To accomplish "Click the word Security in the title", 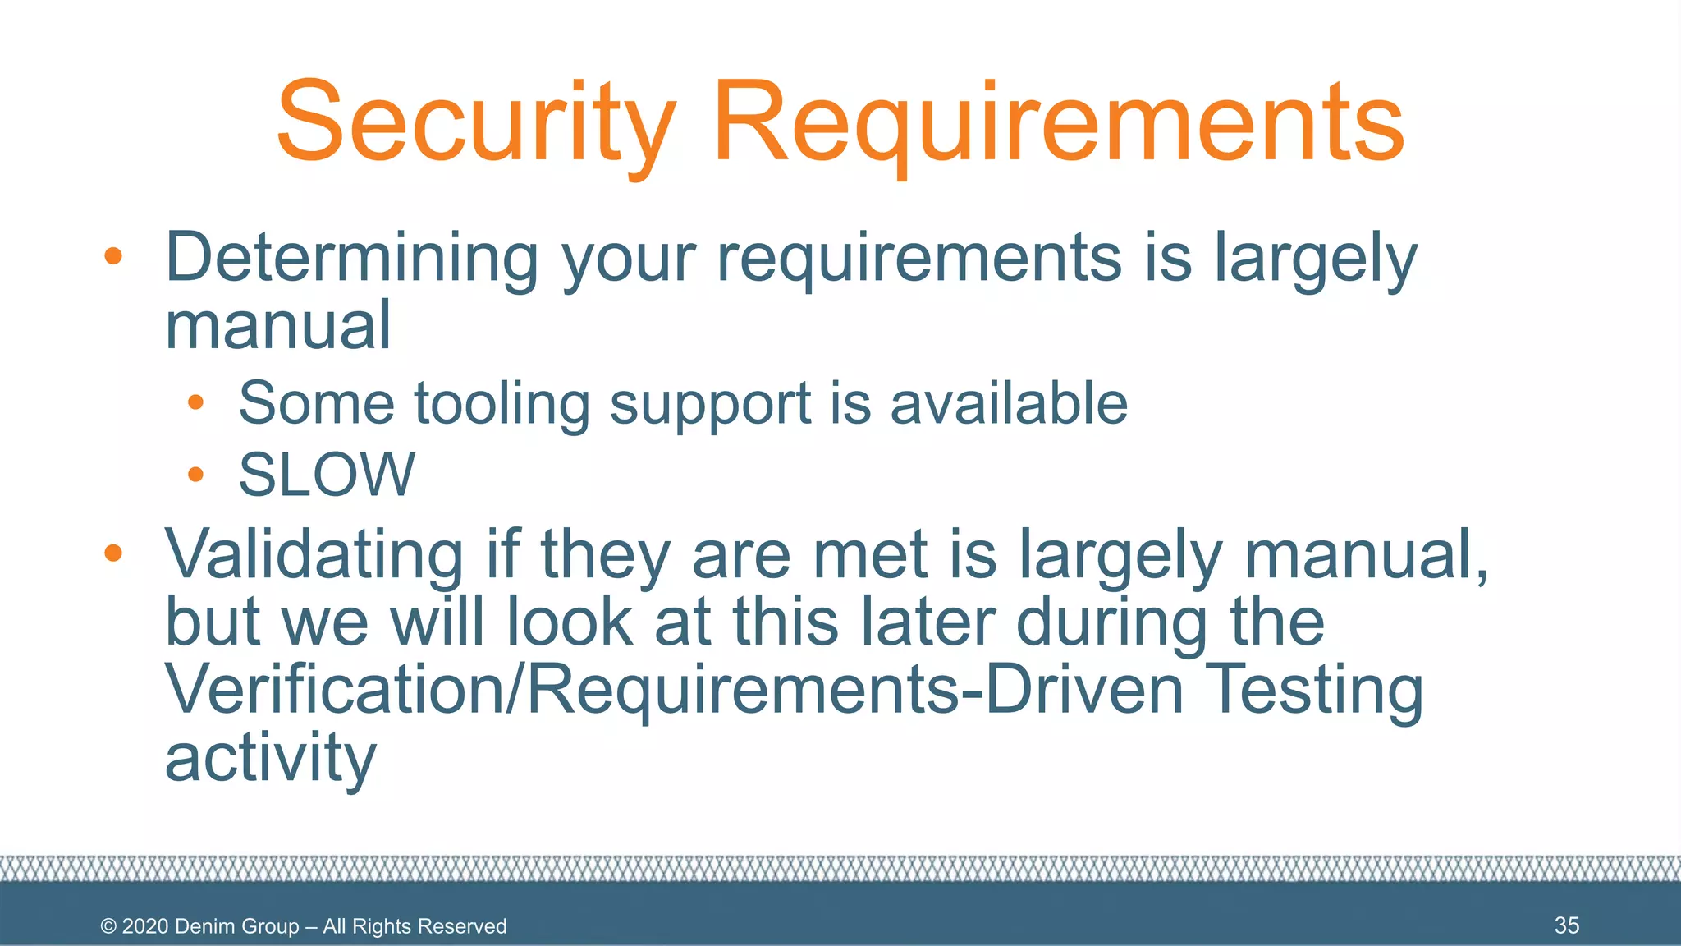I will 476,123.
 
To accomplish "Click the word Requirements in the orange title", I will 1059,123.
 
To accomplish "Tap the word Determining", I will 351,258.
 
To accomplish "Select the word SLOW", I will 327,475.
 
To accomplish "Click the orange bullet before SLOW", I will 195,474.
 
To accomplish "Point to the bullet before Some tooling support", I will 195,402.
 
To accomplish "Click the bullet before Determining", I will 113,256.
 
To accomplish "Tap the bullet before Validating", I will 113,553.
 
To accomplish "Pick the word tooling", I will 502,404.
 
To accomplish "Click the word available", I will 1009,404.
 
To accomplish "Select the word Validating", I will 314,555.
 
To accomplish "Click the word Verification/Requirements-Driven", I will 673,690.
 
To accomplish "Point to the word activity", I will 271,759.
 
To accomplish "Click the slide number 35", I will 1566,925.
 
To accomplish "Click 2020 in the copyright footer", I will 145,926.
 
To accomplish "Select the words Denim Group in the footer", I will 237,926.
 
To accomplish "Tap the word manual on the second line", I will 277,325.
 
